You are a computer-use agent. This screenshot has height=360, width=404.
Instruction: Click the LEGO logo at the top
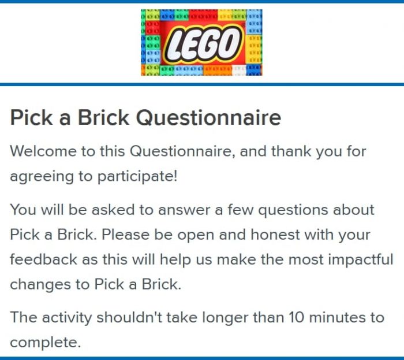(201, 42)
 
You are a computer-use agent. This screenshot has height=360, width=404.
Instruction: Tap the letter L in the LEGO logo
(174, 46)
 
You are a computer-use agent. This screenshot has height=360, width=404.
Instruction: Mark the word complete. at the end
(46, 343)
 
